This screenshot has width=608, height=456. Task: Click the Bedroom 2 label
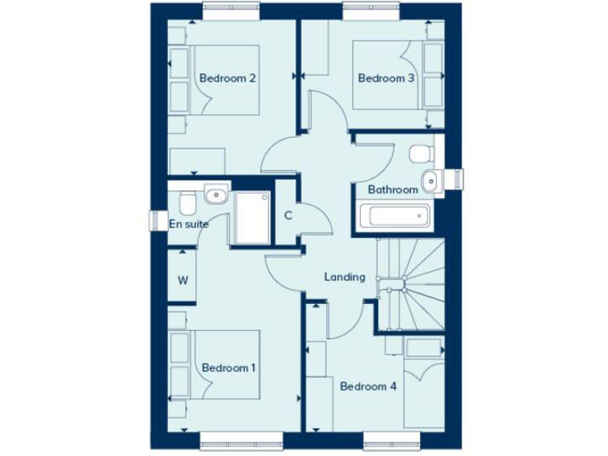click(x=226, y=78)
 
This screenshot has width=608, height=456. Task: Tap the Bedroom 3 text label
click(x=386, y=78)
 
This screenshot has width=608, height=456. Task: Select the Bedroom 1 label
click(x=229, y=368)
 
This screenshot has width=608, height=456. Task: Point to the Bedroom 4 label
click(x=368, y=386)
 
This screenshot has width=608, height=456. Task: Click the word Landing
click(x=345, y=277)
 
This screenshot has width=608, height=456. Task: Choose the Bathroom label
click(x=393, y=190)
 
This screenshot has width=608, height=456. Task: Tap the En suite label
click(x=189, y=224)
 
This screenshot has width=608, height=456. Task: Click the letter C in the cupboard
click(x=289, y=215)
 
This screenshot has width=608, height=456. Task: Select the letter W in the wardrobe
click(x=183, y=279)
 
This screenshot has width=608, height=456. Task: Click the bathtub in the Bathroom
click(x=393, y=215)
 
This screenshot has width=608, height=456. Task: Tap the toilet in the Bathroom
click(x=421, y=151)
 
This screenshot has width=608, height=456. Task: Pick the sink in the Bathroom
click(x=430, y=180)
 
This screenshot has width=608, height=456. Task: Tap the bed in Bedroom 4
click(x=424, y=384)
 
